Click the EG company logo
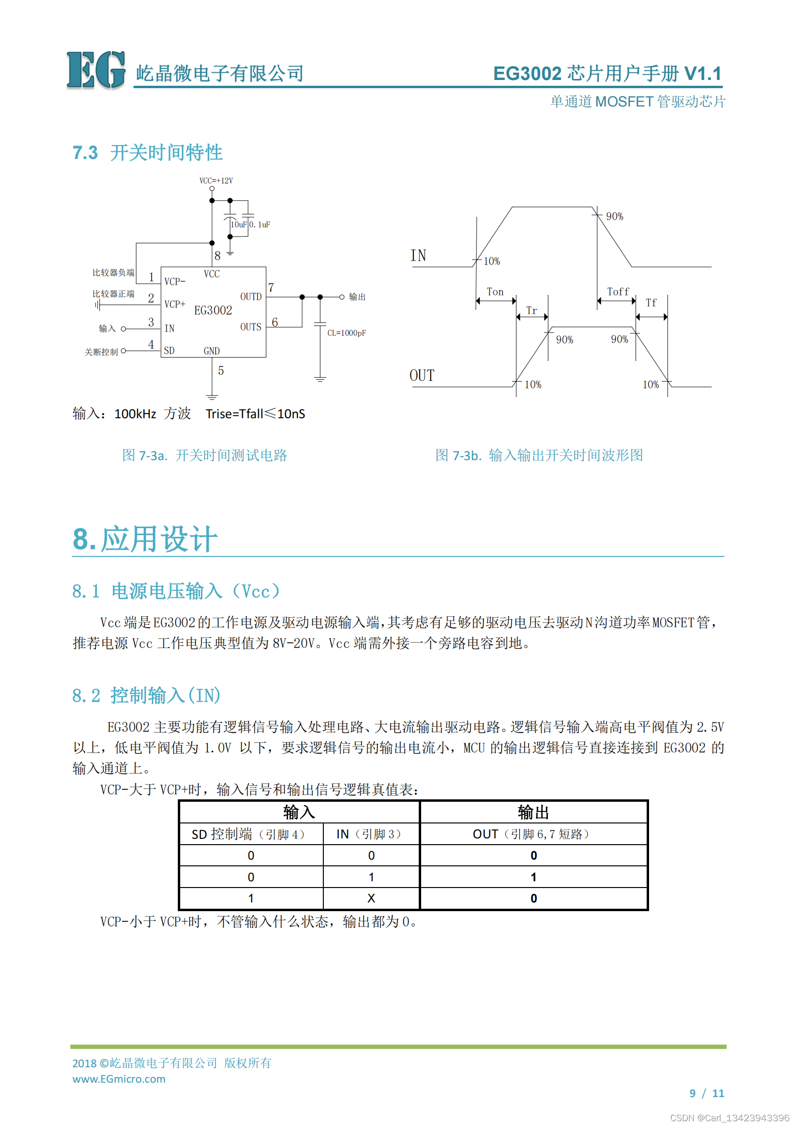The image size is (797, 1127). coord(96,70)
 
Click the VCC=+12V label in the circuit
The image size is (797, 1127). coord(216,181)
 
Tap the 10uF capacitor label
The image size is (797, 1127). coord(239,225)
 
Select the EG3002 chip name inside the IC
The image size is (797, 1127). coord(213,310)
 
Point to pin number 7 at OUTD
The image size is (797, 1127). coord(271,288)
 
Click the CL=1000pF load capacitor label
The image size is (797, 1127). coord(346,333)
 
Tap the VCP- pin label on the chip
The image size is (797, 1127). coord(175,282)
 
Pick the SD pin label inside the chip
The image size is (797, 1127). coord(169,350)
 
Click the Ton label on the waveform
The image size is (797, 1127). coord(495,292)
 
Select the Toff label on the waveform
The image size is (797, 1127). coord(618,292)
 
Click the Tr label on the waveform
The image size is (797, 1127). coord(531,310)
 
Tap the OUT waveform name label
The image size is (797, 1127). coord(422,375)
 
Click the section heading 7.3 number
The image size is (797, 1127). coord(85,153)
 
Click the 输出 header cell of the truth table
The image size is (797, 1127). coord(533,812)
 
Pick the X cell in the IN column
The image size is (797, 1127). coord(371,898)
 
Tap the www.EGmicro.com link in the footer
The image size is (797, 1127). coord(119,1079)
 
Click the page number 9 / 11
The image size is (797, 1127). coord(707,1093)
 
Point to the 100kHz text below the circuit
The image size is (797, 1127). coord(135,414)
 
